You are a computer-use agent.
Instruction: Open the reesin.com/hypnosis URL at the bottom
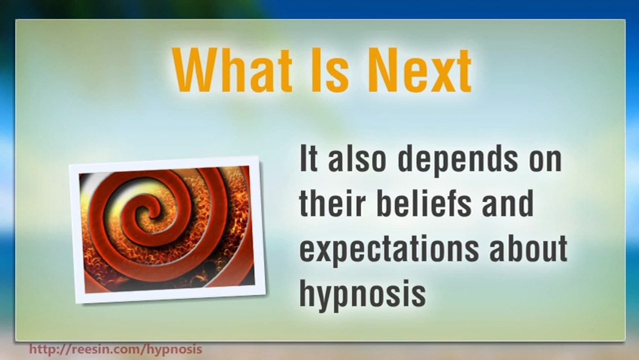[115, 348]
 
